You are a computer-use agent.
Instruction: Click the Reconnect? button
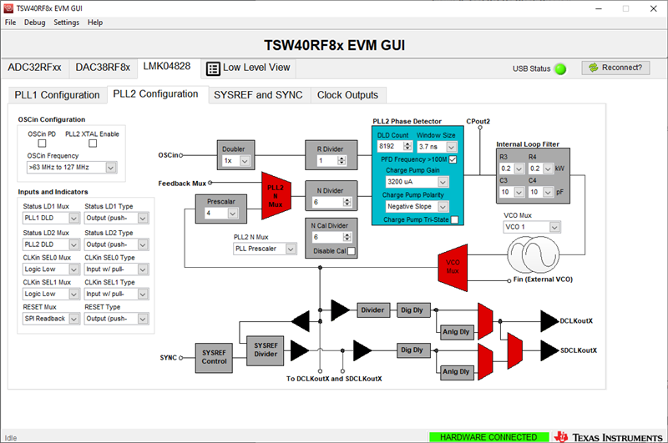click(x=615, y=68)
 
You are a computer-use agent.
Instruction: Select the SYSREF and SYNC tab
click(x=258, y=95)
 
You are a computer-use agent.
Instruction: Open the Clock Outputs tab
click(x=347, y=95)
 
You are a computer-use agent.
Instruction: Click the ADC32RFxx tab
click(x=34, y=67)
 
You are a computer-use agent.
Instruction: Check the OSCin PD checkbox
click(x=42, y=143)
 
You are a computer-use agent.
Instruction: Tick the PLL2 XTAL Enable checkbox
click(x=93, y=143)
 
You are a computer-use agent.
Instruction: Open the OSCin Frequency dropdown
click(x=70, y=167)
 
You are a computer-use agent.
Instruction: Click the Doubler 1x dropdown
click(x=234, y=160)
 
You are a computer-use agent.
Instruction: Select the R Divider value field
click(x=330, y=160)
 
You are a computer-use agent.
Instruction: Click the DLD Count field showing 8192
click(x=392, y=146)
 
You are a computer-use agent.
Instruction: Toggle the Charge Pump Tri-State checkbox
click(x=454, y=219)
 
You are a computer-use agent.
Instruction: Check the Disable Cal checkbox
click(x=352, y=251)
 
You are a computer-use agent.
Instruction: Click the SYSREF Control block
click(x=214, y=356)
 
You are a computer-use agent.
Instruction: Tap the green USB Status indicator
click(x=560, y=68)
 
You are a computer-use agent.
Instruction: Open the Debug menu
click(x=34, y=22)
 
